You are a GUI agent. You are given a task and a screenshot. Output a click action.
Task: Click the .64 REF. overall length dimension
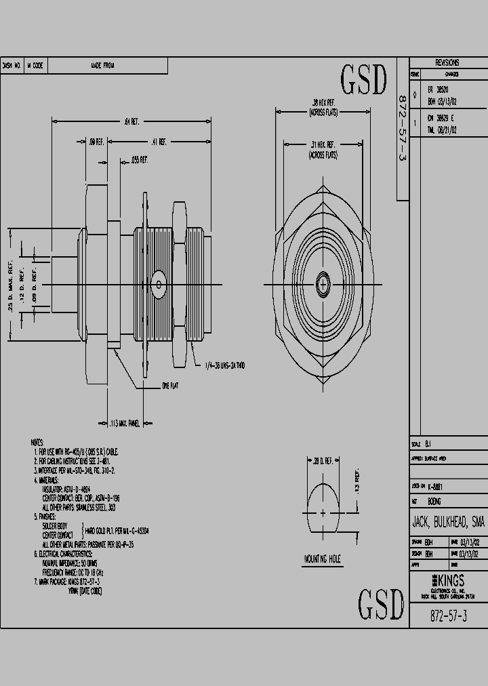(x=131, y=122)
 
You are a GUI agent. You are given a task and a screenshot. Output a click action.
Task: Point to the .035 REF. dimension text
(x=138, y=160)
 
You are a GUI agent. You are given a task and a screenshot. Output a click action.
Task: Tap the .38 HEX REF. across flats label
(x=323, y=107)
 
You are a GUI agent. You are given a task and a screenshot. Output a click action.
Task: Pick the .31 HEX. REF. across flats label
(x=323, y=149)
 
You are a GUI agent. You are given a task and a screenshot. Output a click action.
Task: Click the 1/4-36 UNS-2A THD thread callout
(x=224, y=365)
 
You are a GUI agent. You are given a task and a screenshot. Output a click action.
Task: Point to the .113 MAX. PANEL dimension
(x=124, y=424)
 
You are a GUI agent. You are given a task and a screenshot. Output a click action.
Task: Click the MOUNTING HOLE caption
(x=323, y=559)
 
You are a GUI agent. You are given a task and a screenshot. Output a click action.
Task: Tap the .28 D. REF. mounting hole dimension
(x=323, y=461)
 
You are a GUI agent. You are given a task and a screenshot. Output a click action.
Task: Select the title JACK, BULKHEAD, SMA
(x=448, y=522)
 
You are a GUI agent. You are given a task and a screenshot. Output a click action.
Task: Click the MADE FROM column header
(x=102, y=66)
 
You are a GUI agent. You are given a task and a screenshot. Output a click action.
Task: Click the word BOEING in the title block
(x=434, y=501)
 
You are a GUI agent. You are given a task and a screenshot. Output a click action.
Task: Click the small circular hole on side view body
(x=159, y=283)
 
